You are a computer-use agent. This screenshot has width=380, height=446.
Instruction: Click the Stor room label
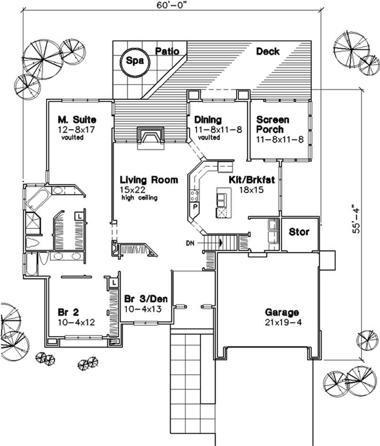(x=299, y=232)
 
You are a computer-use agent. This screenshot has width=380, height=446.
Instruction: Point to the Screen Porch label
(x=272, y=124)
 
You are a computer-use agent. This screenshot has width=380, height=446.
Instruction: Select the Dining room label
(x=208, y=120)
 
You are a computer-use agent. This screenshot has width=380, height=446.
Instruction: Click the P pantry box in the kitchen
(x=195, y=207)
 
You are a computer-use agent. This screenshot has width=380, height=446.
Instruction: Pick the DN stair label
(x=190, y=243)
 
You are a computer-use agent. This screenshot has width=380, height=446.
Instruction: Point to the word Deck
(x=267, y=51)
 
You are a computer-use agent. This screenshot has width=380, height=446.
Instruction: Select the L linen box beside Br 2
(x=114, y=282)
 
